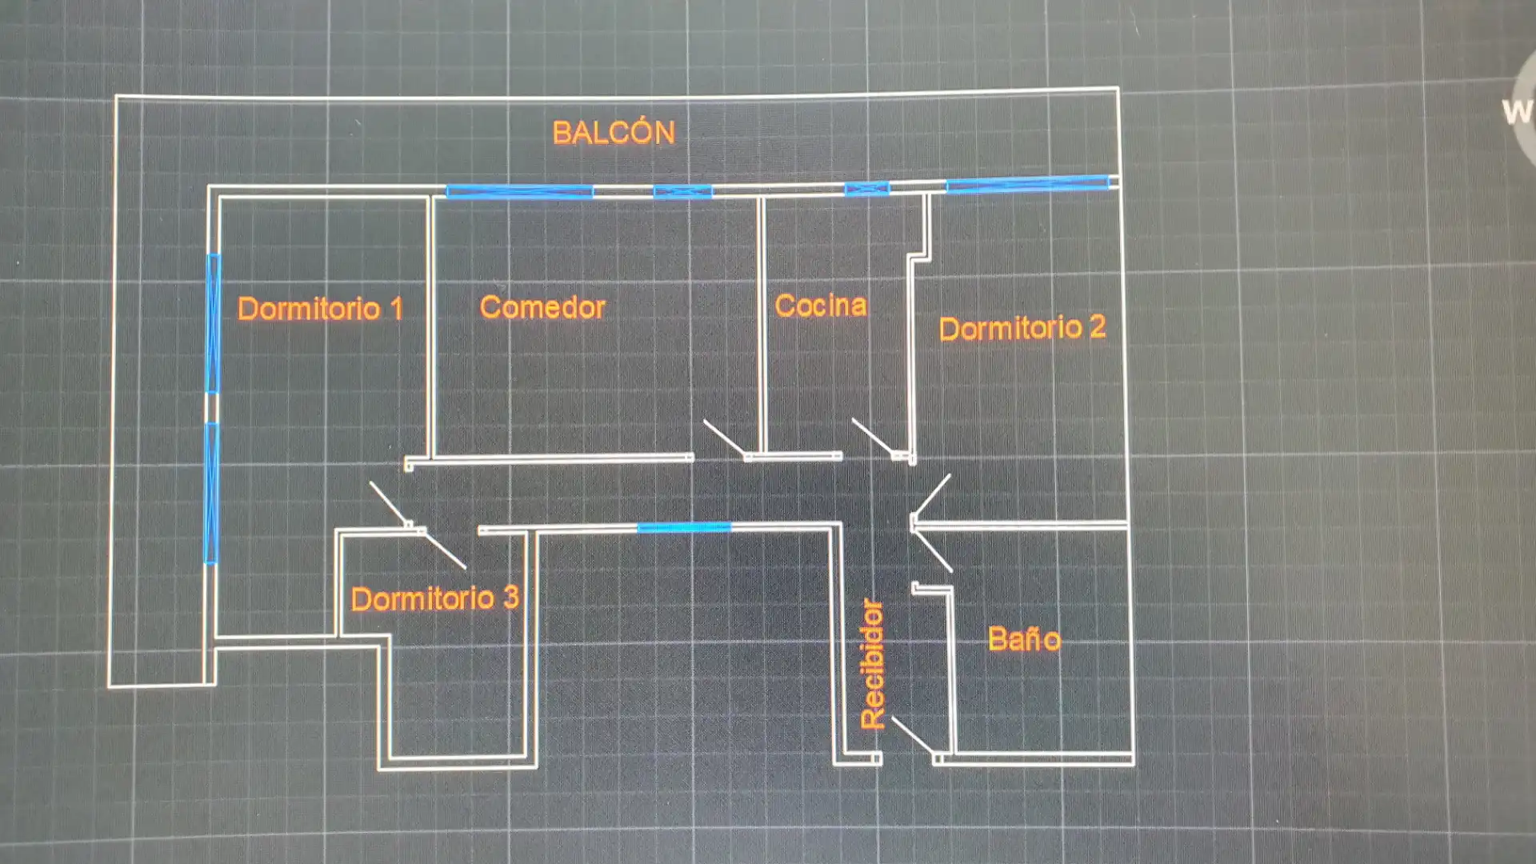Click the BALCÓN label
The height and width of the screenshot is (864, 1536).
coord(614,132)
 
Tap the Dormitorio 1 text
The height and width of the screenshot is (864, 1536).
coord(320,309)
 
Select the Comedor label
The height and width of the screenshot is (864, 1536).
coord(542,307)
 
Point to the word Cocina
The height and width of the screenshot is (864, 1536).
coord(821,305)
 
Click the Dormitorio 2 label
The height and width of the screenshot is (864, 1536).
coord(1022,327)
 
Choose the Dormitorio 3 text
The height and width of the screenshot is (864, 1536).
coord(435,598)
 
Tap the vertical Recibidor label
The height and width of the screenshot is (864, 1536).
coord(872,664)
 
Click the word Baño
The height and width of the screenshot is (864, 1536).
coord(1025,638)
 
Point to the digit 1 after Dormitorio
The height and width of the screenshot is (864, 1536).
coord(396,309)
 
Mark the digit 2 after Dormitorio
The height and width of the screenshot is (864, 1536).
coord(1098,326)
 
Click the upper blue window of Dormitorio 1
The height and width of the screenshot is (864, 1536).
coord(213,323)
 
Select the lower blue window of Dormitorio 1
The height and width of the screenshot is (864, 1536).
coord(211,493)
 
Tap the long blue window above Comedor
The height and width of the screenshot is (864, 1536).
coord(519,191)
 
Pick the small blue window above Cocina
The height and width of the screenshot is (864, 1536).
coord(867,189)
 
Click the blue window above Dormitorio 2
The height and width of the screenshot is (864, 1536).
coord(1028,184)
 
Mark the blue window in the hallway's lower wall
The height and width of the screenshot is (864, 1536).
coord(684,527)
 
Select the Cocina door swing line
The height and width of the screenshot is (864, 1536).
coord(874,438)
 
